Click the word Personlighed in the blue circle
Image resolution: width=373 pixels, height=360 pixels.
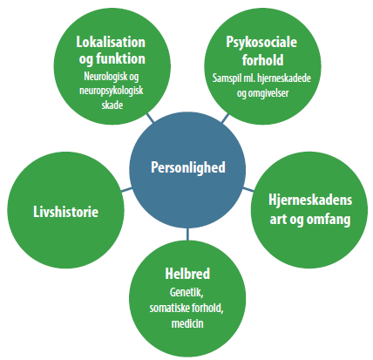pos(188,167)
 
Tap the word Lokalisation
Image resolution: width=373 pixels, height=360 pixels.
pos(111,42)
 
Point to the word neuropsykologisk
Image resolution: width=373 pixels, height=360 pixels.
pos(112,91)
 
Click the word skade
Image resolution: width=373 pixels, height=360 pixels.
pos(112,105)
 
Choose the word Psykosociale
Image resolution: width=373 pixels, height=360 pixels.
pos(261,43)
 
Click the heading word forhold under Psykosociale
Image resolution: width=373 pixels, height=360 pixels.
pos(262,60)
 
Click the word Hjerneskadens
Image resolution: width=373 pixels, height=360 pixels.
pos(310,200)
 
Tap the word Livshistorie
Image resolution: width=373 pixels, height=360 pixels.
pos(66,212)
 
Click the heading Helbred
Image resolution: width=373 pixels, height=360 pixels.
pos(187,274)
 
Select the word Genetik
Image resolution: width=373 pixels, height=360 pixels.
pos(186,292)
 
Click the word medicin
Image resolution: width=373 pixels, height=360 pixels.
pos(187,323)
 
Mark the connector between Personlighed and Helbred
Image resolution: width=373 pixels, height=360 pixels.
pos(187,234)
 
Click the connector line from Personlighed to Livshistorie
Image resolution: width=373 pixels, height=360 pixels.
pos(126,190)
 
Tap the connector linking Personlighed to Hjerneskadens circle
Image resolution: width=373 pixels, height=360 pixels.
pos(248,189)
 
